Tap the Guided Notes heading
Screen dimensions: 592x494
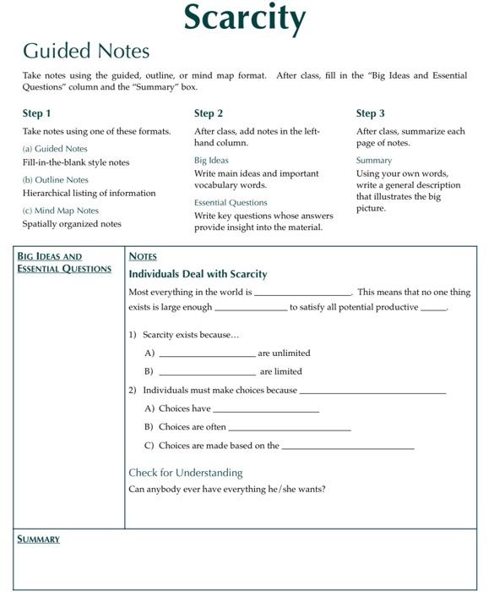click(x=86, y=51)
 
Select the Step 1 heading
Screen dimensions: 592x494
click(x=37, y=113)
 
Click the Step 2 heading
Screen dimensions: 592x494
click(x=209, y=113)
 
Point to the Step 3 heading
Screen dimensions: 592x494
click(x=371, y=113)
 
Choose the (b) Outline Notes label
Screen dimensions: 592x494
click(x=56, y=179)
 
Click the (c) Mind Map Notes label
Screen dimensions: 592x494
click(x=61, y=211)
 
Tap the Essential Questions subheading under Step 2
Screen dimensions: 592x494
click(x=231, y=202)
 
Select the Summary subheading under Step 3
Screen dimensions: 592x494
click(x=374, y=160)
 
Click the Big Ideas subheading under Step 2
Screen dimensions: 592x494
click(x=211, y=160)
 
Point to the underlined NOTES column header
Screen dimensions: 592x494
click(x=143, y=256)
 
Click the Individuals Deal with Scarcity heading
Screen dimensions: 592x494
click(x=198, y=274)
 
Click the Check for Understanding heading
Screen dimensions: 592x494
click(x=185, y=473)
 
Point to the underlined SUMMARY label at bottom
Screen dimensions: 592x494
click(x=39, y=540)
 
